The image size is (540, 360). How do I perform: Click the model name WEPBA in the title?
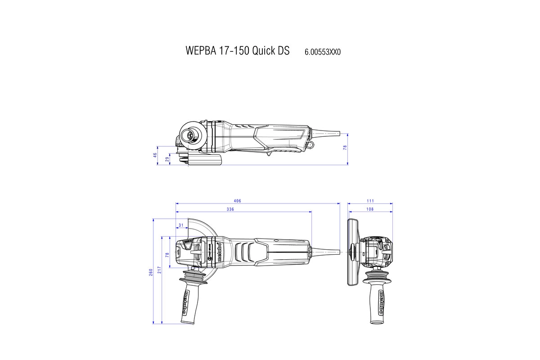pyautogui.click(x=198, y=50)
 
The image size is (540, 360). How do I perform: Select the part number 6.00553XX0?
pyautogui.click(x=323, y=52)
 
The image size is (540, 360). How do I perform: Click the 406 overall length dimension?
pyautogui.click(x=238, y=201)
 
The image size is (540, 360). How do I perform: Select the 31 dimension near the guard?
pyautogui.click(x=181, y=225)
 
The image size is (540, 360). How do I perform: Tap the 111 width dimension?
pyautogui.click(x=370, y=201)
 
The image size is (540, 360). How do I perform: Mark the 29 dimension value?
pyautogui.click(x=167, y=159)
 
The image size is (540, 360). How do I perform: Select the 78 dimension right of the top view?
pyautogui.click(x=345, y=148)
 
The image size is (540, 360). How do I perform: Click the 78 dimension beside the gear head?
pyautogui.click(x=167, y=254)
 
